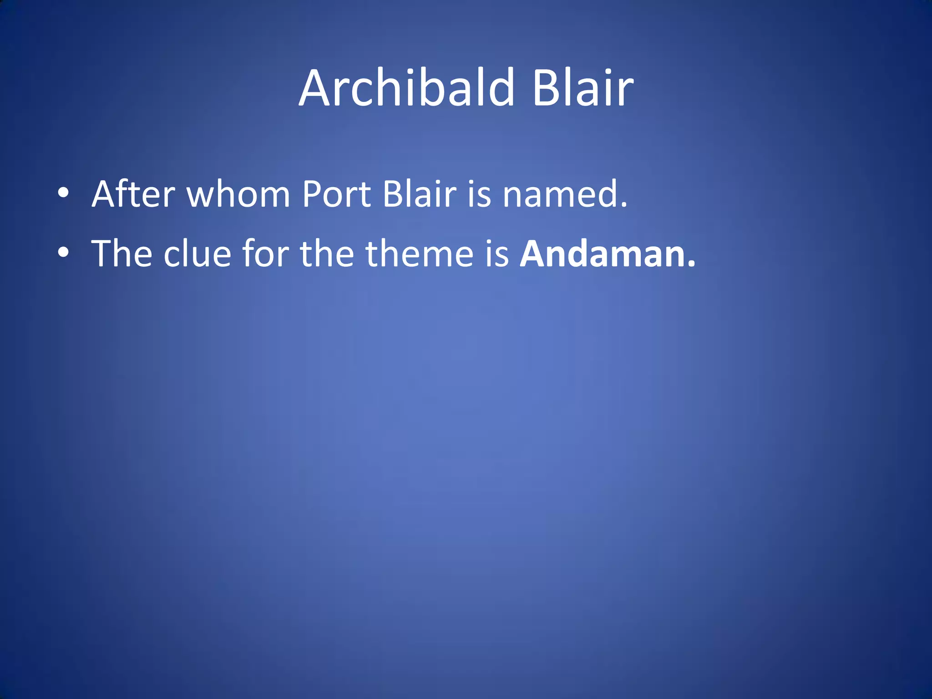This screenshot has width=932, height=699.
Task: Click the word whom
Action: [238, 194]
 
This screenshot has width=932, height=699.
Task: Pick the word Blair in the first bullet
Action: [419, 194]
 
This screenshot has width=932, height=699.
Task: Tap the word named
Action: [560, 194]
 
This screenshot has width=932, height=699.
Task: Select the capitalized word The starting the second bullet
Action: [122, 253]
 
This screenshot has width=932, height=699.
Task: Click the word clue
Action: [197, 253]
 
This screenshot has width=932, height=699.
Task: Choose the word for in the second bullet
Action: [265, 253]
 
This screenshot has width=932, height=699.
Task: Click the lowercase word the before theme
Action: [327, 253]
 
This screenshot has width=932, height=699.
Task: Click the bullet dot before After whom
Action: [63, 193]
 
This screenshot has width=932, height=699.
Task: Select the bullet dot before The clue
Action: [63, 252]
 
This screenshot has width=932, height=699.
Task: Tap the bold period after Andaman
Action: [691, 264]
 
